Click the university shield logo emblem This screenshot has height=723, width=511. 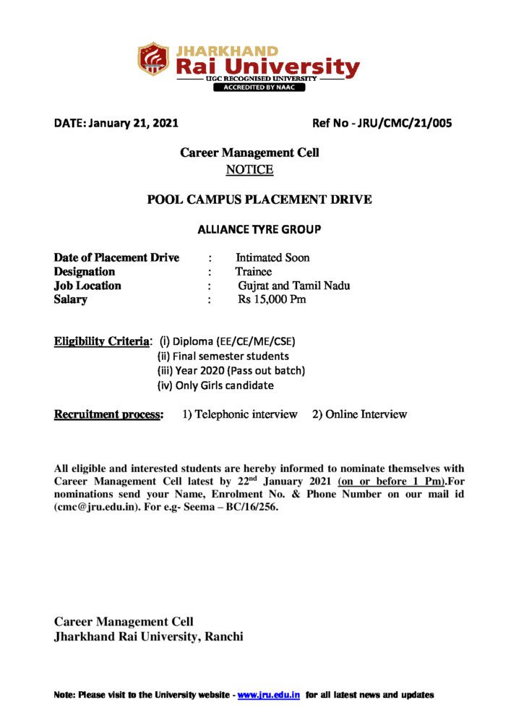tap(153, 59)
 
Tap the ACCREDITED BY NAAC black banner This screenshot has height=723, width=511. tap(258, 87)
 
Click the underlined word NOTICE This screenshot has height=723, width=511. tap(249, 170)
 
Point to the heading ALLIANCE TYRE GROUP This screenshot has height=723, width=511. tap(259, 230)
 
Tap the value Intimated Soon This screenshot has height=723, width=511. tap(272, 257)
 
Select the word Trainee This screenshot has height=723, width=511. tap(253, 272)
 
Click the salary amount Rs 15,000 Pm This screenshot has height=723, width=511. tap(272, 299)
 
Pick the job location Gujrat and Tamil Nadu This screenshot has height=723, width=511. tap(294, 286)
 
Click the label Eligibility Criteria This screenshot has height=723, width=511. tap(103, 341)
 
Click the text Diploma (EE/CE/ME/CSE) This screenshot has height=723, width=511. tap(232, 341)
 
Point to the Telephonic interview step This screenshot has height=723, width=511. tap(240, 414)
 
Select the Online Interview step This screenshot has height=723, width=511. tap(359, 414)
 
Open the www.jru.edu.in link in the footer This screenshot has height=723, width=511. tap(269, 695)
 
